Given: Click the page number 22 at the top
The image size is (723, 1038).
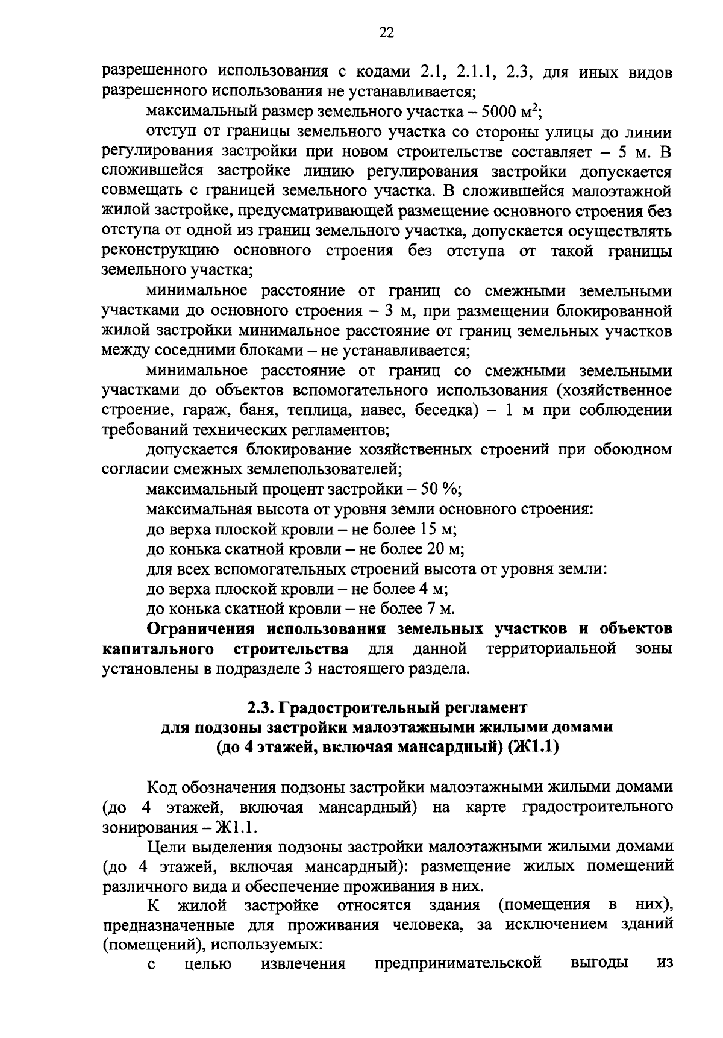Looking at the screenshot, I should point(386,34).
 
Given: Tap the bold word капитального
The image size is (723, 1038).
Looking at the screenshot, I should point(158,649).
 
